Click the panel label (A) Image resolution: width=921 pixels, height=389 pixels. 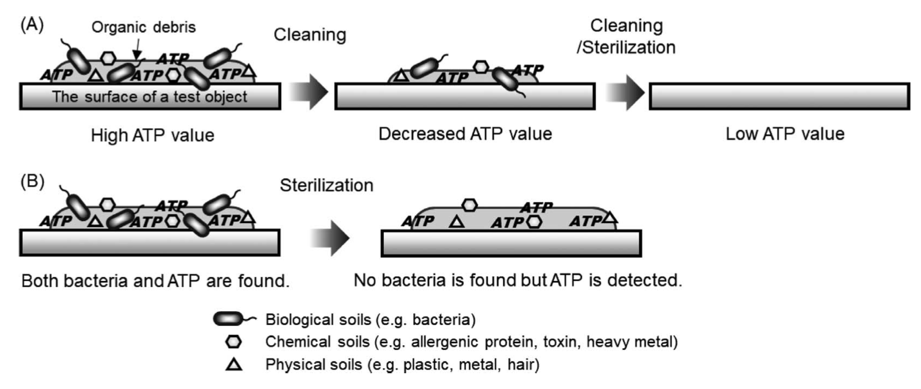point(32,25)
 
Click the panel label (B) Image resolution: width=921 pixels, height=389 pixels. point(32,182)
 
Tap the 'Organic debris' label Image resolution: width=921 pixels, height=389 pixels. point(143,27)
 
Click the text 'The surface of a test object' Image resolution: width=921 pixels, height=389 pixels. point(150,97)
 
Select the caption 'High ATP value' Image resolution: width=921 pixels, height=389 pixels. point(153,136)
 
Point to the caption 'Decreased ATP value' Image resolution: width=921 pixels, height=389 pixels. point(465,134)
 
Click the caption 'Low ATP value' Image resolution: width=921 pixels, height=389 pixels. point(785,134)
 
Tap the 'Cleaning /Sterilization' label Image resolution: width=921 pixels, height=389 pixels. point(626,36)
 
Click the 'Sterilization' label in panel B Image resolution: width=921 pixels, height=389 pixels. point(326,186)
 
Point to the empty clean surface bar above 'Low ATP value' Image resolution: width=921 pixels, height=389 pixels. point(779,96)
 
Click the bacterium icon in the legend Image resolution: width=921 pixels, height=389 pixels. point(233,319)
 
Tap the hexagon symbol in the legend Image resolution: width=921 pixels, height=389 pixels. point(234,341)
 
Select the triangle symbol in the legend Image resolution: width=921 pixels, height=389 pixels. point(234,364)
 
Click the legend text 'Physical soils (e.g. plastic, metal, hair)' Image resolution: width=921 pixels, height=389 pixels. point(402,364)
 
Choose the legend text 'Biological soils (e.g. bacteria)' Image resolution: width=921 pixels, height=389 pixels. point(371,319)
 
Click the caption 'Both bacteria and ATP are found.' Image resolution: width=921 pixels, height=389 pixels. point(155,281)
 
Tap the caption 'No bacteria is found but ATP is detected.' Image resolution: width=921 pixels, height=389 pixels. point(518,280)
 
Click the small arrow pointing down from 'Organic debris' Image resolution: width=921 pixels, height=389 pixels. point(136,49)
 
